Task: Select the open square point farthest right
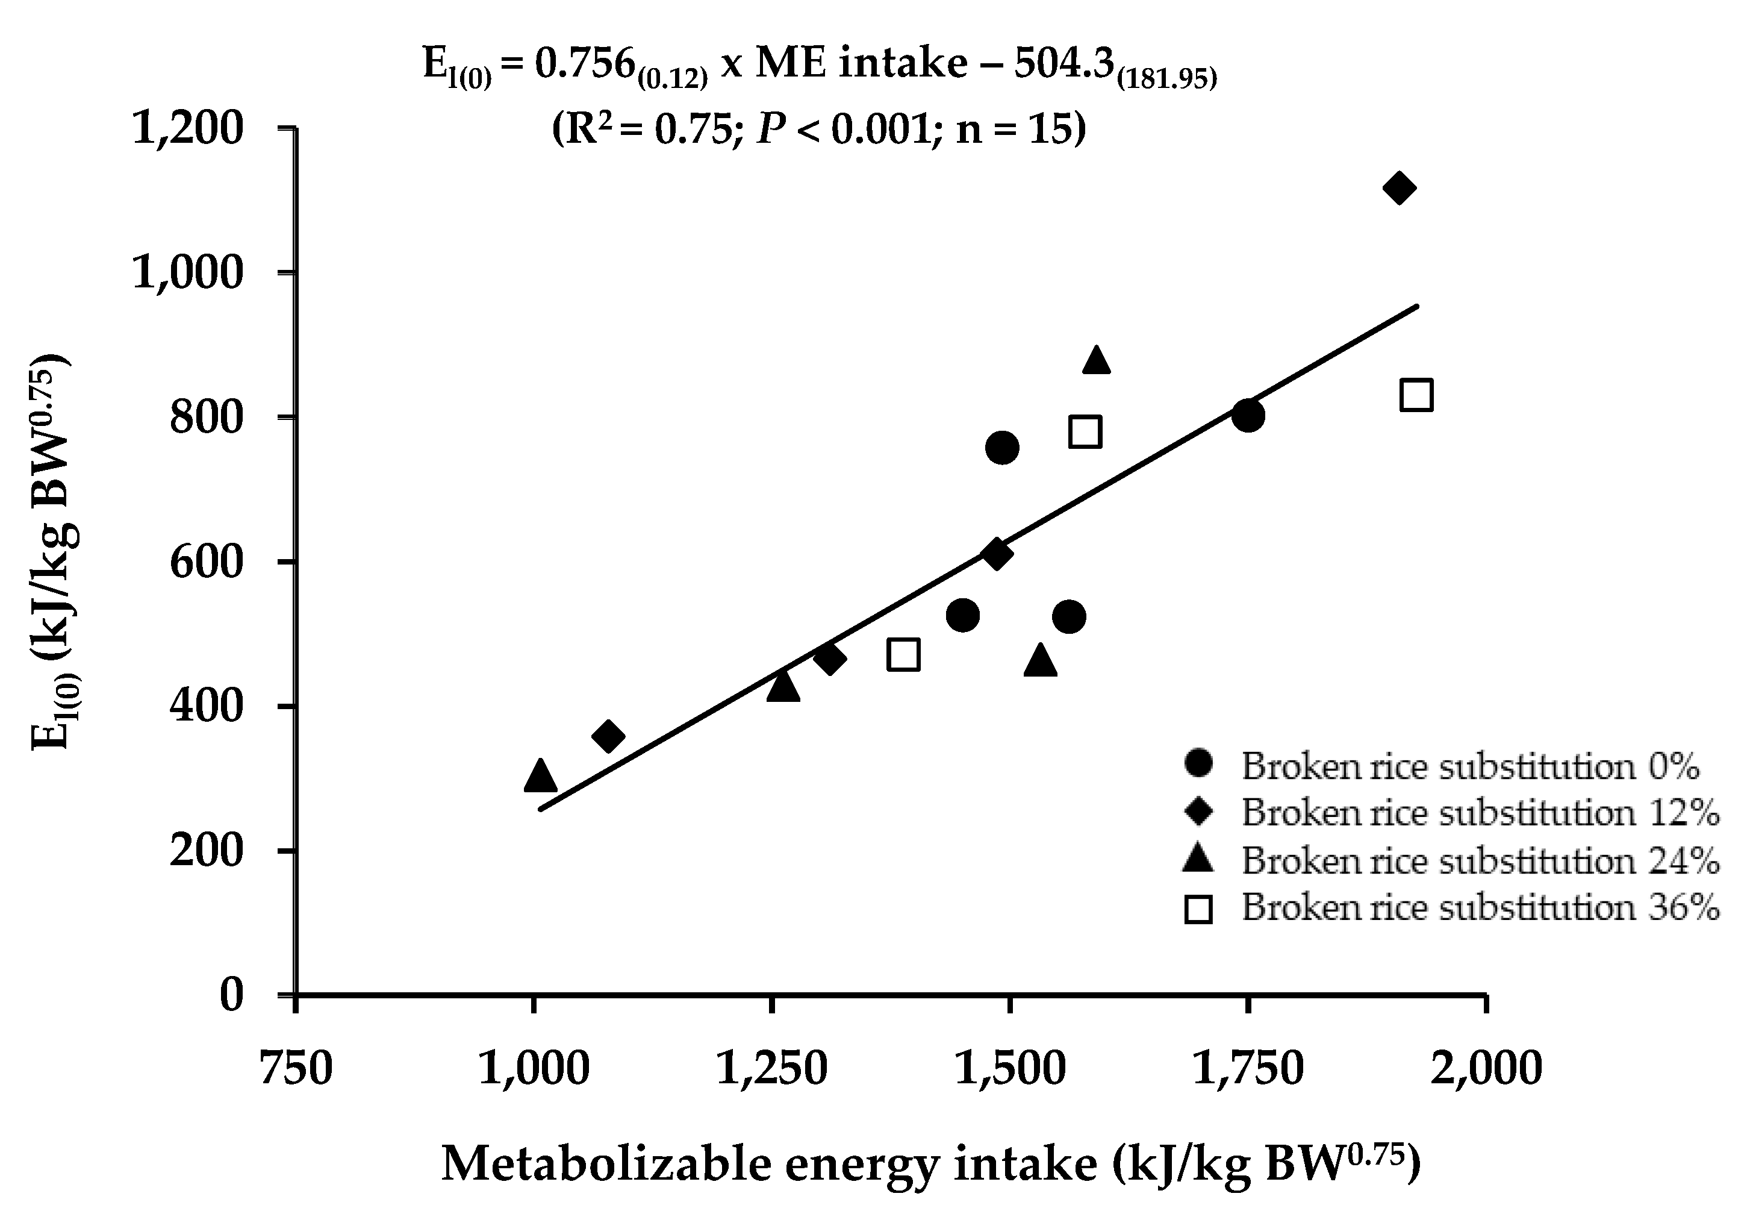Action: [x=1416, y=396]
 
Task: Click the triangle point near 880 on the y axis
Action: [x=1096, y=360]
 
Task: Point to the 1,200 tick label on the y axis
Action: [x=188, y=128]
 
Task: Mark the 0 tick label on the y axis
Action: [x=231, y=995]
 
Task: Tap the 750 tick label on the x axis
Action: [x=296, y=1068]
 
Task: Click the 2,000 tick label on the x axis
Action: [x=1486, y=1068]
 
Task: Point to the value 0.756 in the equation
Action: [x=584, y=64]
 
